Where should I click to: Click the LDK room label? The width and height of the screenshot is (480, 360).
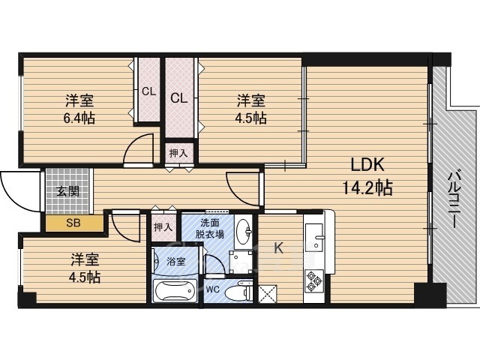tap(367, 165)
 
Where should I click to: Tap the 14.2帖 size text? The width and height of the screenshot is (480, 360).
tap(367, 187)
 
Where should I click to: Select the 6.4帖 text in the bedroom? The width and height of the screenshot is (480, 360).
tap(79, 118)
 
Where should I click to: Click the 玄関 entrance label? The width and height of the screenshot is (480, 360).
tap(68, 192)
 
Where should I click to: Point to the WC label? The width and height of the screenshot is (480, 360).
tap(212, 289)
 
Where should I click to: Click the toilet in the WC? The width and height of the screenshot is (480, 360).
tap(238, 292)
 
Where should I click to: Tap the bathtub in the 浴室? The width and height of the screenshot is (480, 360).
tap(175, 291)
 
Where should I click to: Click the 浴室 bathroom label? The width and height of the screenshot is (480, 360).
tap(176, 262)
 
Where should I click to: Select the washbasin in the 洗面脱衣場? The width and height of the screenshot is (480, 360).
tap(243, 232)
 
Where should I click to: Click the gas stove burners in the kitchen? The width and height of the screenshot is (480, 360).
tap(314, 280)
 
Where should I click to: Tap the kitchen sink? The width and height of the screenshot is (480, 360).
tap(314, 237)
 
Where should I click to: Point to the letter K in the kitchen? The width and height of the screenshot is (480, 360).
tap(278, 247)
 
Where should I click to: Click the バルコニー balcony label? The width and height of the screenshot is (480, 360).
tap(453, 200)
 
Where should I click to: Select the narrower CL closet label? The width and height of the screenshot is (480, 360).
tap(148, 91)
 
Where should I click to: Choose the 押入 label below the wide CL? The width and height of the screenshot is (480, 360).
tap(178, 153)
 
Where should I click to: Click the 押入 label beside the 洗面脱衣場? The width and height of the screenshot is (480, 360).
tap(163, 227)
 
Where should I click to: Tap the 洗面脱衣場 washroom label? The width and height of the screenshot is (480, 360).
tap(210, 229)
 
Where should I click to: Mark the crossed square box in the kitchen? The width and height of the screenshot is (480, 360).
tap(268, 294)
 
